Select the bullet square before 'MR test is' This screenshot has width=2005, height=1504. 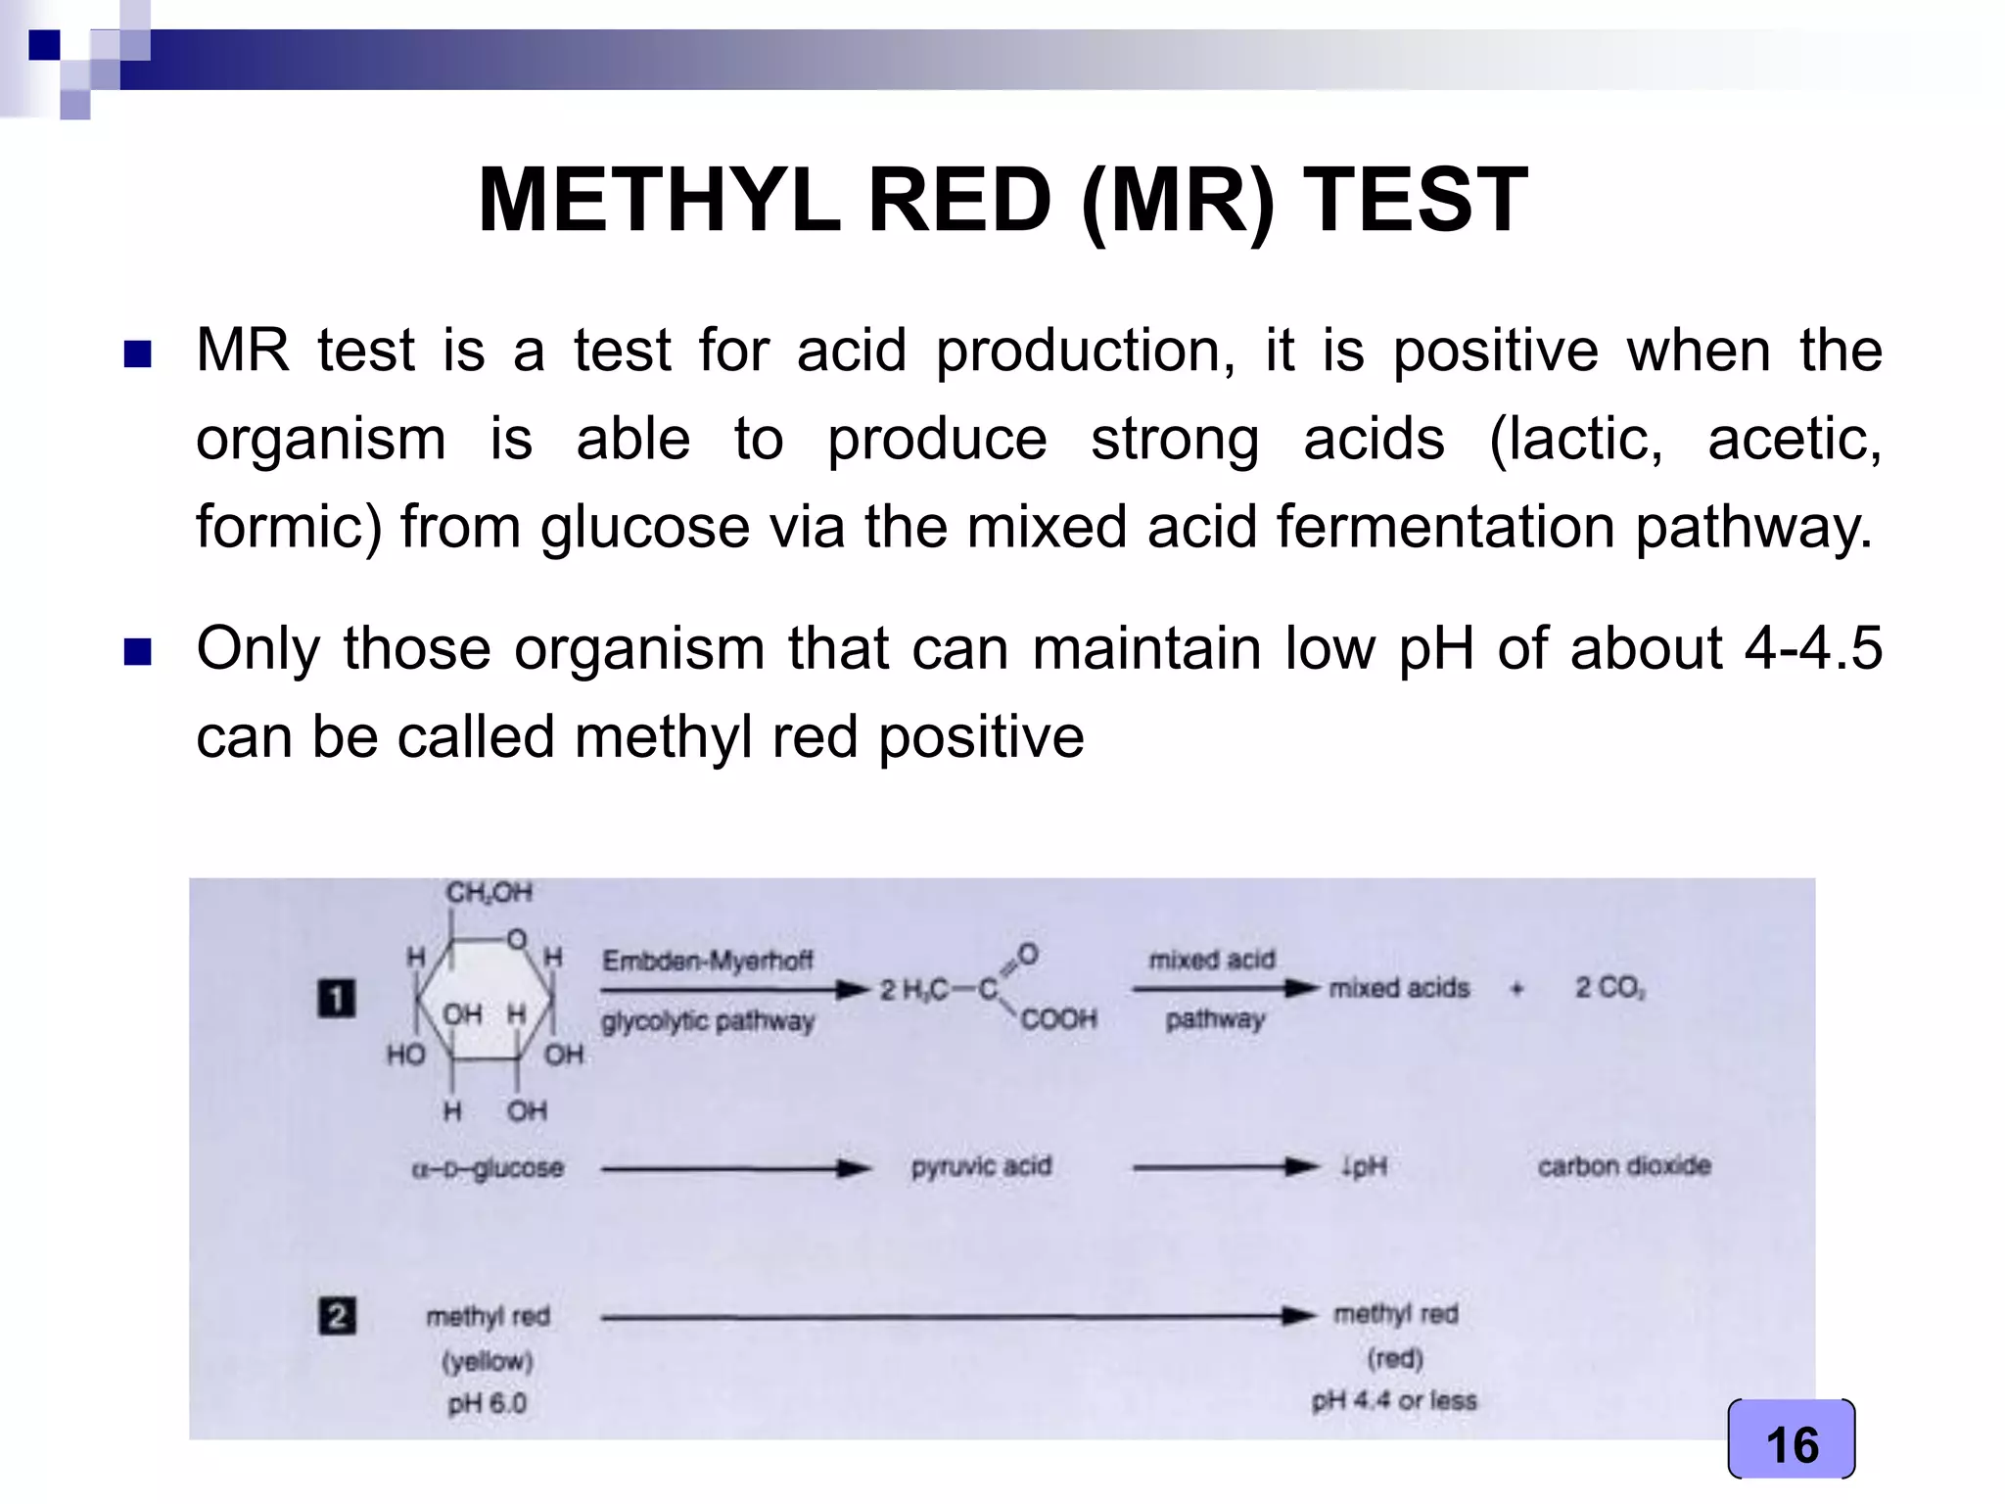point(138,353)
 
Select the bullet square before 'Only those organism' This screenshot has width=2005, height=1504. point(138,651)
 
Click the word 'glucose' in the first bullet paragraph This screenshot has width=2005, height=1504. point(646,527)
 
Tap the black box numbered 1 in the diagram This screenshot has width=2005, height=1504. point(336,999)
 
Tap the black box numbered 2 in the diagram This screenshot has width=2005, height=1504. point(336,1315)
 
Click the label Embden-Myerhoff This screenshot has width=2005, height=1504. point(707,961)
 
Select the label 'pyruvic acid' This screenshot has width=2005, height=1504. point(981,1166)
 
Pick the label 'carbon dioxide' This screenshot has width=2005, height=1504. point(1624,1166)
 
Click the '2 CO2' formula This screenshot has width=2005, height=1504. point(1609,988)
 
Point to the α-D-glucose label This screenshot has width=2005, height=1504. point(488,1168)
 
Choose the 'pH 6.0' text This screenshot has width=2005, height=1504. point(488,1403)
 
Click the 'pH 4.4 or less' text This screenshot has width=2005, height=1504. point(1394,1400)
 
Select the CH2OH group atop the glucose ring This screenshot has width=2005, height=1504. point(489,892)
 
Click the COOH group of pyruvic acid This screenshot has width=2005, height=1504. point(1058,1019)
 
